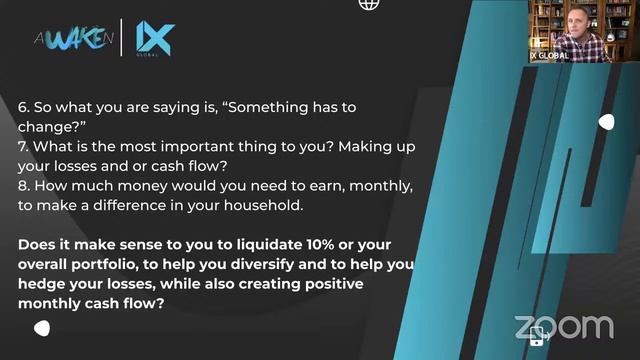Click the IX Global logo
pos(154,39)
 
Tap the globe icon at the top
pos(369,4)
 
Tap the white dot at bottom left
pos(42,328)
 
